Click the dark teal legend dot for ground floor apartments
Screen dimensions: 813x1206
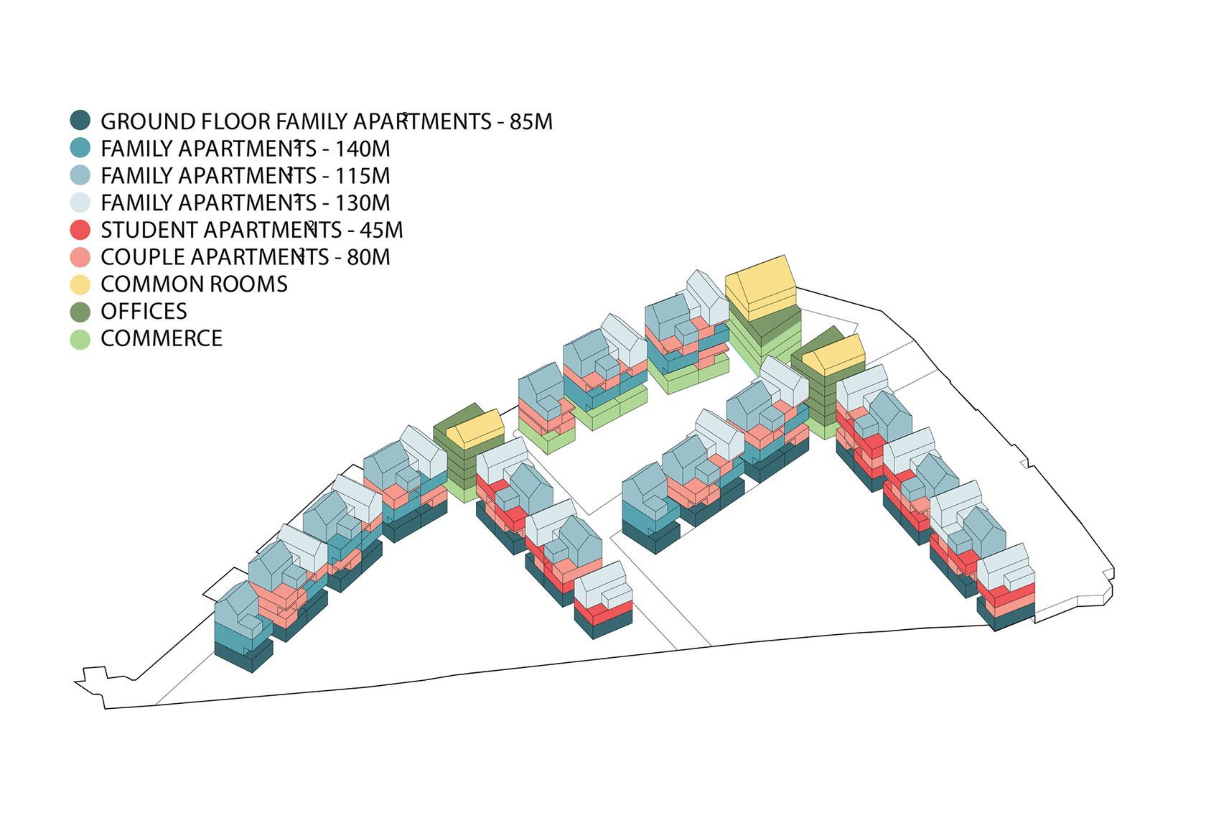click(x=80, y=121)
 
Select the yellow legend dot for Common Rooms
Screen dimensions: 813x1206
click(x=80, y=284)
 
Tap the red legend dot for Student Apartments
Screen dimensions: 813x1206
click(x=80, y=230)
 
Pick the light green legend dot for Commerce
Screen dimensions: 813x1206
click(x=80, y=339)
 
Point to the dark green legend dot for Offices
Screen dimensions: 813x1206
click(x=80, y=312)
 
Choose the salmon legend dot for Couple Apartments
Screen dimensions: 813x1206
click(x=80, y=257)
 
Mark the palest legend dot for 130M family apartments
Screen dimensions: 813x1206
click(x=80, y=203)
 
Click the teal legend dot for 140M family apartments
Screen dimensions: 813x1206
click(x=80, y=148)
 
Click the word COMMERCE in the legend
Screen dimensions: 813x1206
click(x=162, y=339)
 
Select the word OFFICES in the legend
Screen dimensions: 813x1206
click(x=144, y=312)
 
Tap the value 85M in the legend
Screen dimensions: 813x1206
click(x=531, y=121)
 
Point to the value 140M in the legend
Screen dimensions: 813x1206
click(x=362, y=149)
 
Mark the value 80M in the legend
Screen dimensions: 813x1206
click(x=368, y=257)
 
